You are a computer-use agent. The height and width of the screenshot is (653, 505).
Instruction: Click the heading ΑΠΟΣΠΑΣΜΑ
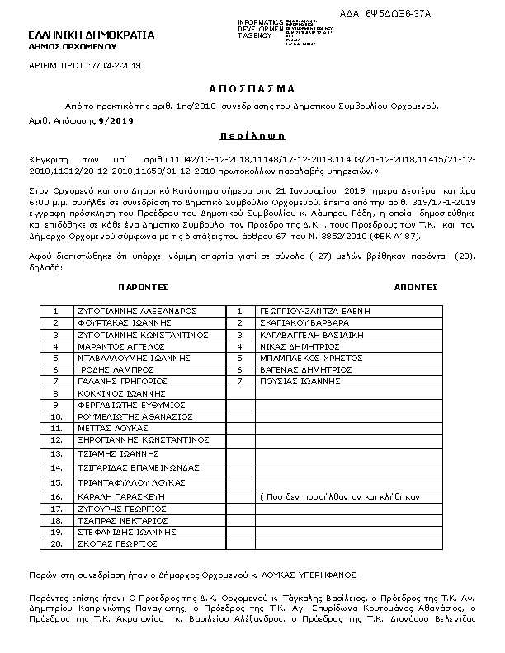(x=252, y=88)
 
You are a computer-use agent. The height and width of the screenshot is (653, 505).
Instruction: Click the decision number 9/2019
(x=116, y=121)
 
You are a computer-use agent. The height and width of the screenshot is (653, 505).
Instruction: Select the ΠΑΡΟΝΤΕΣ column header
(x=143, y=287)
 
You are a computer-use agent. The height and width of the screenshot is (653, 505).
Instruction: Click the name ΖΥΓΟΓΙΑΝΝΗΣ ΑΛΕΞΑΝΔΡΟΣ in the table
(x=136, y=312)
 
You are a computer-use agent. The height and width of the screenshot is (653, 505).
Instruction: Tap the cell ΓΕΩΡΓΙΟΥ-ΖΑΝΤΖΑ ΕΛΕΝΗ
(x=314, y=312)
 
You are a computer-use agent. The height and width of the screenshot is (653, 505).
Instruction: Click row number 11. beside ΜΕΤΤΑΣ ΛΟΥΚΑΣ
(x=57, y=429)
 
